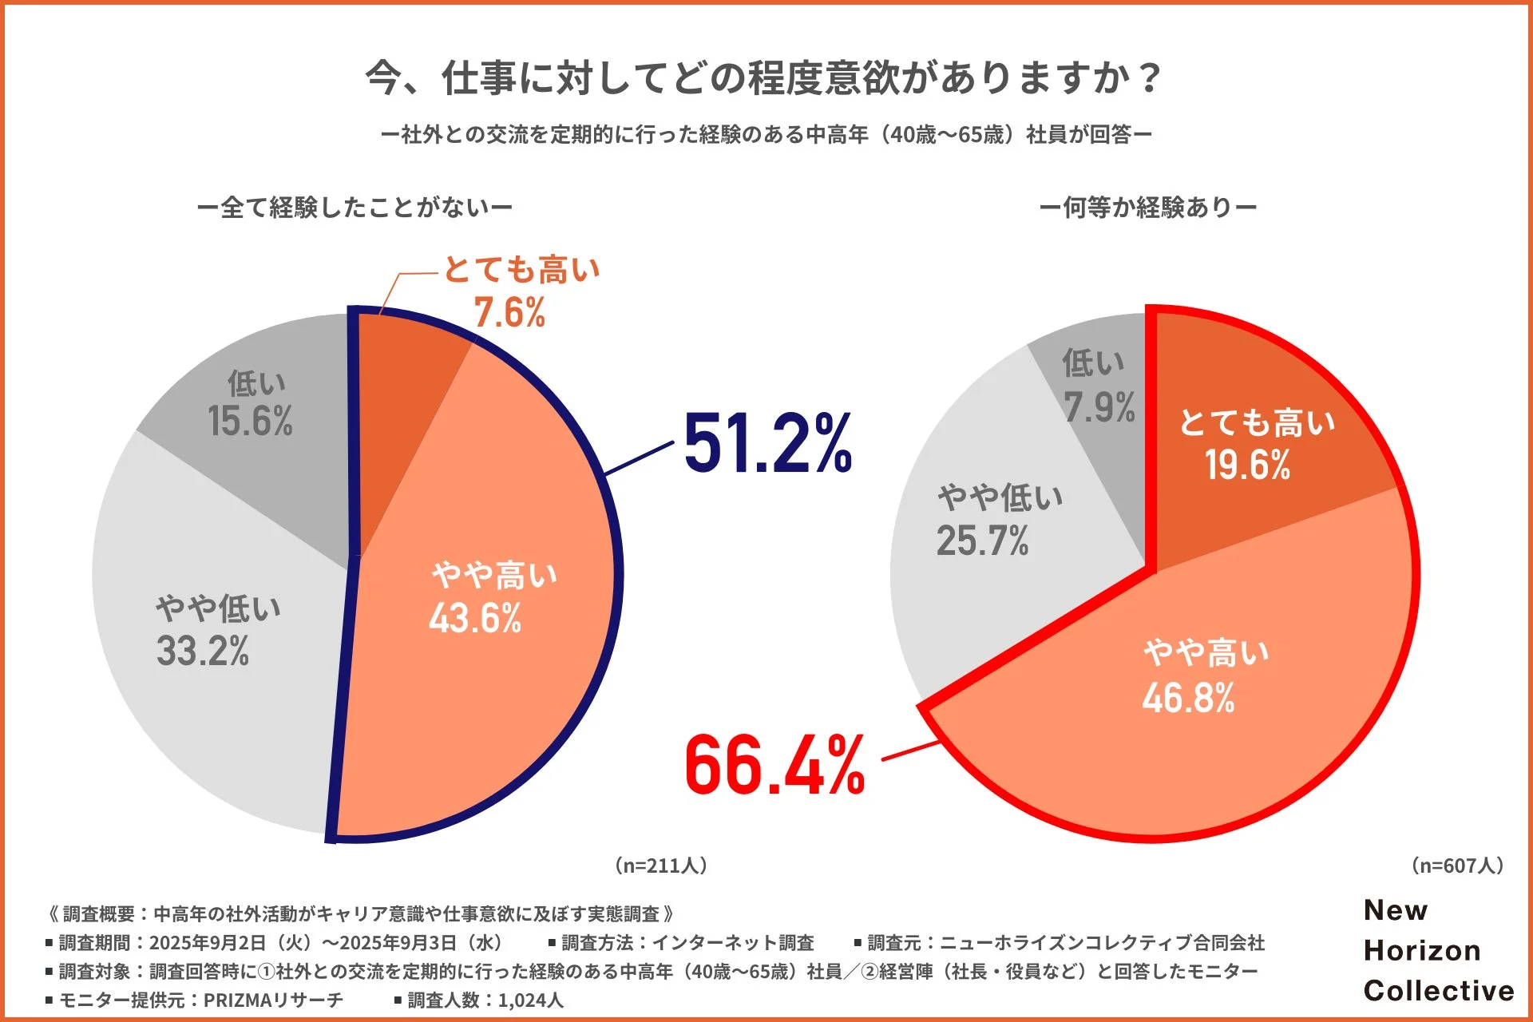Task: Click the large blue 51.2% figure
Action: [x=767, y=444]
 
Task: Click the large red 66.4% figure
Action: [x=774, y=766]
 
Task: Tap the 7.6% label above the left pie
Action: [x=509, y=312]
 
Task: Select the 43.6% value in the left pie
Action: [x=475, y=618]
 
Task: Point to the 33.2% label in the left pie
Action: [x=203, y=651]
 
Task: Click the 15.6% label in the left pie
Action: [x=250, y=421]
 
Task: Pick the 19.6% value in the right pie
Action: [x=1247, y=465]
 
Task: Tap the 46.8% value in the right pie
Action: [x=1188, y=698]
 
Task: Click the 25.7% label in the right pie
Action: [x=982, y=541]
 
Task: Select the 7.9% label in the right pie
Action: [x=1099, y=407]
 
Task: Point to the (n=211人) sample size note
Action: [x=660, y=866]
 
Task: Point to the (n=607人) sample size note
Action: [x=1457, y=866]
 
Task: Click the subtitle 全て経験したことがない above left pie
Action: [x=355, y=208]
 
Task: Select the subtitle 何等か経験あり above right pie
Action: [x=1148, y=208]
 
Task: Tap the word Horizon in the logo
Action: [x=1422, y=950]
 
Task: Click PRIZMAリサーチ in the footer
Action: [x=273, y=1000]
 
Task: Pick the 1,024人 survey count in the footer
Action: [x=530, y=1000]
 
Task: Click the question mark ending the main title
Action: [x=1150, y=78]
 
